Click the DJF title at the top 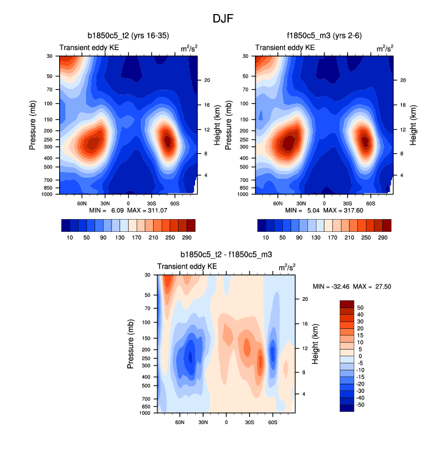[x=223, y=19]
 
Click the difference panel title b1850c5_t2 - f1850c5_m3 [x=226, y=254]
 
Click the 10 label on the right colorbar [x=266, y=236]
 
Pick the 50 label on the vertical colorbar [x=360, y=308]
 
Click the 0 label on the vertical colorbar [x=360, y=356]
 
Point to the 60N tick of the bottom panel [x=180, y=422]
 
